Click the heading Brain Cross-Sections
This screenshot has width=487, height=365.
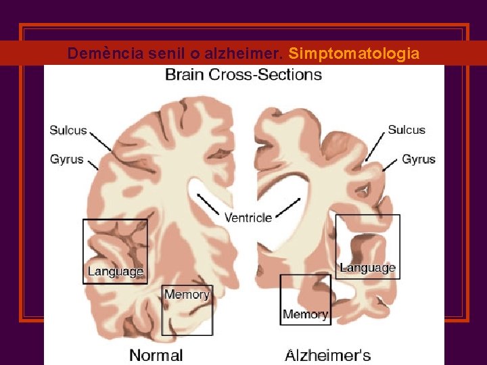point(243,74)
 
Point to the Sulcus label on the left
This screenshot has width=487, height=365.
point(68,130)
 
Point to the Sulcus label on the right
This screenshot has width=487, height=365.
point(407,130)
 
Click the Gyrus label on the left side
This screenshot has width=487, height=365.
point(67,160)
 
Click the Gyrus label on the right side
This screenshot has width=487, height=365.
point(419,160)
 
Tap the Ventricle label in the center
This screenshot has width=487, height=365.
point(248,218)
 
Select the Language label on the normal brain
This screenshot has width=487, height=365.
point(116,272)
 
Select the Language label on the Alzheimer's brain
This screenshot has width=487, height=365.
point(367,268)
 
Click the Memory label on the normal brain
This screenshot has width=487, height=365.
point(187,294)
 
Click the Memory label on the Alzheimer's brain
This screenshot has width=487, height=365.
point(305,314)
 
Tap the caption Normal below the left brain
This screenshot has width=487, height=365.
point(156,355)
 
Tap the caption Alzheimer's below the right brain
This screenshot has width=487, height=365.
point(328,355)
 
